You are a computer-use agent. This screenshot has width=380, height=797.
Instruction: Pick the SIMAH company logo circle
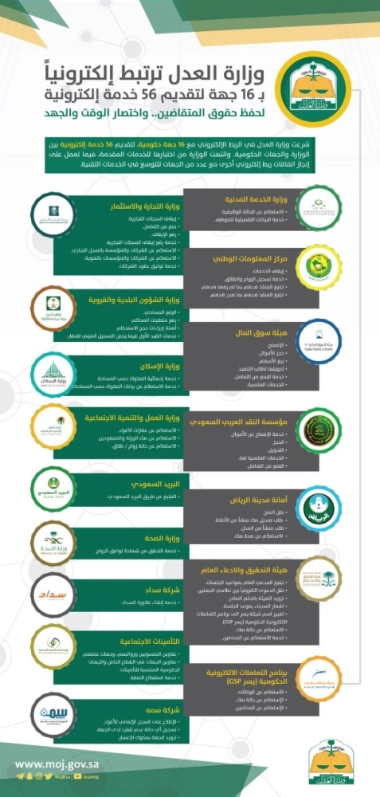tap(58, 711)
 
